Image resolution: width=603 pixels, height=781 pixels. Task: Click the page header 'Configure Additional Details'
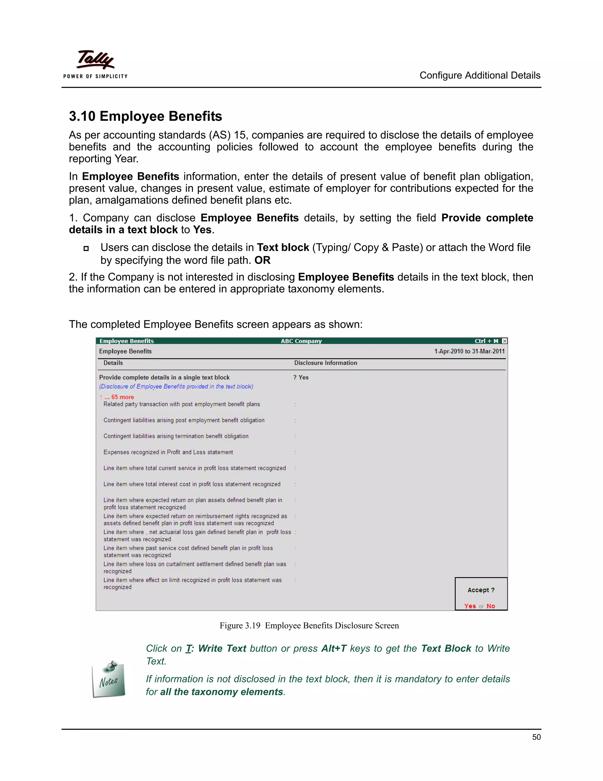[479, 75]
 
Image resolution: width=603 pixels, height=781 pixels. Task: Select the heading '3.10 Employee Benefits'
[145, 116]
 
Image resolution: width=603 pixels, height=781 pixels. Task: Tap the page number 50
[536, 737]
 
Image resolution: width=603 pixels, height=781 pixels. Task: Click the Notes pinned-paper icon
[109, 679]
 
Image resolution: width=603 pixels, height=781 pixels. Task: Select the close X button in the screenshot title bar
[504, 341]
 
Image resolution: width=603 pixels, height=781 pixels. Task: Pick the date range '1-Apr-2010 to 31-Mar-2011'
[469, 351]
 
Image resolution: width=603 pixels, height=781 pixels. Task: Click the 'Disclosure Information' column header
[325, 363]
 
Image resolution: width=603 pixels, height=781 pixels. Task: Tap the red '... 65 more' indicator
[119, 397]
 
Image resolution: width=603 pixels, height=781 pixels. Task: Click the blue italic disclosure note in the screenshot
[176, 386]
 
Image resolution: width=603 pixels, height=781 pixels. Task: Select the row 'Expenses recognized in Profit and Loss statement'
[168, 452]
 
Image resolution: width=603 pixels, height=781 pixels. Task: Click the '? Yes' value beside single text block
[301, 377]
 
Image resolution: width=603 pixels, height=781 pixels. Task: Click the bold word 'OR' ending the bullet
[262, 260]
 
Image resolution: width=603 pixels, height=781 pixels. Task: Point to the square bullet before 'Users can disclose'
[86, 248]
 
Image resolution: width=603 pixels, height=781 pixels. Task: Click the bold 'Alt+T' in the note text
[334, 648]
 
